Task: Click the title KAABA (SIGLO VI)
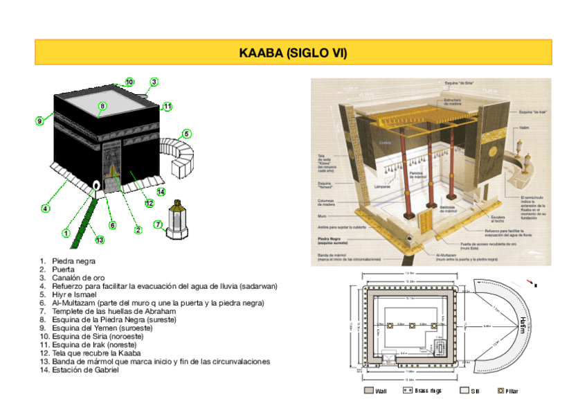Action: (293, 53)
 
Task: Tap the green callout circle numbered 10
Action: (129, 82)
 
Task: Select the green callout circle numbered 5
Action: (187, 134)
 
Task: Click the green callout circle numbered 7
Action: (158, 224)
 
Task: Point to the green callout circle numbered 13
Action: (100, 240)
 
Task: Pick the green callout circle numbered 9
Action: (40, 121)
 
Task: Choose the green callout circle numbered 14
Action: (161, 192)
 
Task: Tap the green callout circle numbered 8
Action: (102, 106)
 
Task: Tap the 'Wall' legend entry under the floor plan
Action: (377, 391)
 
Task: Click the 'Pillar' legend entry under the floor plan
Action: (508, 391)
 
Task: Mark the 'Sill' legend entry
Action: (470, 391)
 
